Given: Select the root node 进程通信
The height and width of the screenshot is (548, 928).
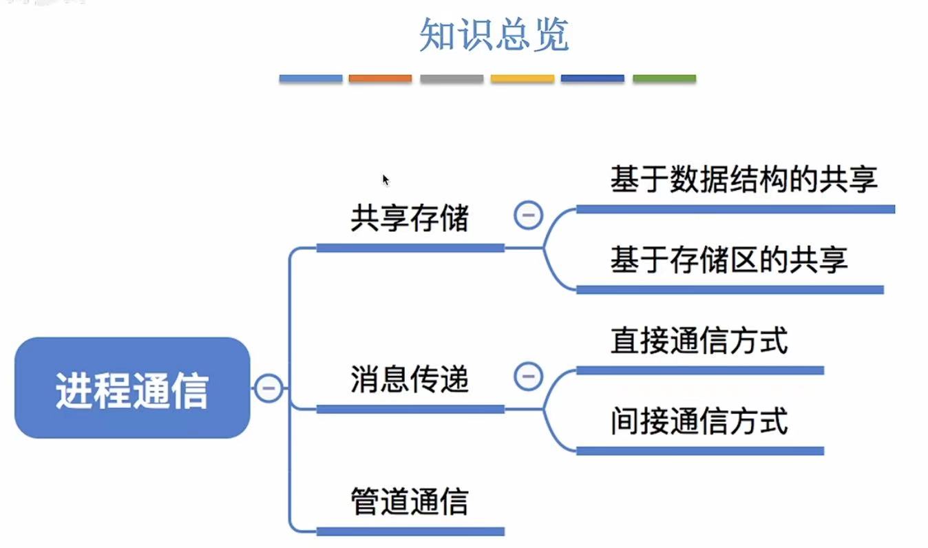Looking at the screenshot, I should (131, 388).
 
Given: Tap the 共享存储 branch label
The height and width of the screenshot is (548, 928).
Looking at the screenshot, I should (409, 219).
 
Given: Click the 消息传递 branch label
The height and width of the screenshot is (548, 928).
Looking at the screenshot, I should (409, 379).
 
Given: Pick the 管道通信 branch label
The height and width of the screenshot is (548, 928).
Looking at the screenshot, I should (409, 501).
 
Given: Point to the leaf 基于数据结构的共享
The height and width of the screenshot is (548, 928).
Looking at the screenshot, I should (744, 180).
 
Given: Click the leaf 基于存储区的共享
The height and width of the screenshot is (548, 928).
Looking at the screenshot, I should (728, 260).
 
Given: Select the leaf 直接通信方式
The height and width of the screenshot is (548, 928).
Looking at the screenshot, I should (699, 341).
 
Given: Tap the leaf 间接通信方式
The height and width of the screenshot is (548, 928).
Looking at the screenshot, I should (699, 421).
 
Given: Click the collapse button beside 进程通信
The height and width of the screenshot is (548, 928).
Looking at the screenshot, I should (268, 388).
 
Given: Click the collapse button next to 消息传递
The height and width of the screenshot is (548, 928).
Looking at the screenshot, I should (528, 377).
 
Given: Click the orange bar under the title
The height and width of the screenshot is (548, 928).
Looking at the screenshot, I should (380, 79).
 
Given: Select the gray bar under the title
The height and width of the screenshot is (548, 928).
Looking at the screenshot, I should (452, 79).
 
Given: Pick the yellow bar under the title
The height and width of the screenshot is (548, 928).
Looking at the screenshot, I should (522, 79).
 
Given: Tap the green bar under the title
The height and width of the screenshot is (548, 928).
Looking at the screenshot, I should (664, 79).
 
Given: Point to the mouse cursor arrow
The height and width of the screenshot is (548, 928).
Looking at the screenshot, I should (386, 180).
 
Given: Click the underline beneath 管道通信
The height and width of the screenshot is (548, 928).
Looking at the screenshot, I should (410, 531).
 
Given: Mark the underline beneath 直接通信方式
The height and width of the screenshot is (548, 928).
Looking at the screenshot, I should (699, 370).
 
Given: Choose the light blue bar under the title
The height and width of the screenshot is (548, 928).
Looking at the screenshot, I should (310, 79).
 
